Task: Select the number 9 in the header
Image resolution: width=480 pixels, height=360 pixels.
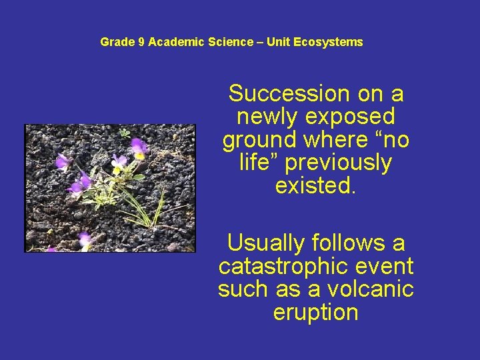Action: [x=141, y=42]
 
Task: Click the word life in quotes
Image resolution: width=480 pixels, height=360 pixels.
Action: [x=255, y=163]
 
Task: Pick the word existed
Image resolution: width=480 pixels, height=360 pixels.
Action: [x=315, y=185]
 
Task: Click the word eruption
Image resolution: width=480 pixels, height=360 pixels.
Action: [x=315, y=312]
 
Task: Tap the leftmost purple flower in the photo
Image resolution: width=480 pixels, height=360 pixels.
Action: [x=62, y=161]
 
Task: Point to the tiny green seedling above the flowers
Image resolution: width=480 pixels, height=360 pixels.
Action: [x=124, y=133]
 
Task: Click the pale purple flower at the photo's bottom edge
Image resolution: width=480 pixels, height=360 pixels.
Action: [x=85, y=240]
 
